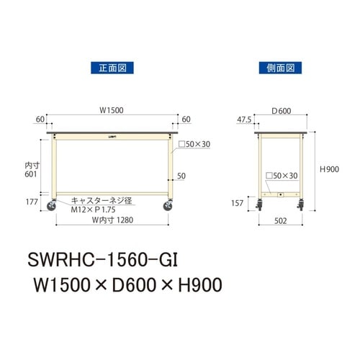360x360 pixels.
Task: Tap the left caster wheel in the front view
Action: (x=53, y=207)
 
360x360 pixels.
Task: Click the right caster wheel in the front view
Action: (x=168, y=207)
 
